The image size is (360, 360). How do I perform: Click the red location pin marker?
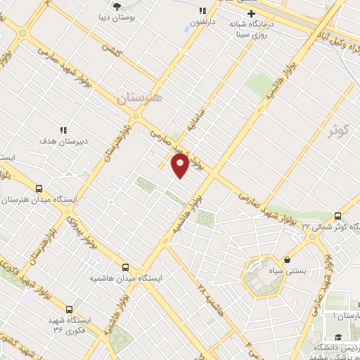180,165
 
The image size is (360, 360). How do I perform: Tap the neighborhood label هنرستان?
138,99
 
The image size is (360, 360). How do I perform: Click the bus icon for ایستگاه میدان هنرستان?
39,188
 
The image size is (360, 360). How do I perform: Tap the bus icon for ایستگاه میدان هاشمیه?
126,267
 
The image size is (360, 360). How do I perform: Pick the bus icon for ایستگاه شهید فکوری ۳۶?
69,309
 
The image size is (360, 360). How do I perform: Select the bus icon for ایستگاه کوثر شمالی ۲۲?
338,216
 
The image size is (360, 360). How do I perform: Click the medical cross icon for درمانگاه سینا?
250,13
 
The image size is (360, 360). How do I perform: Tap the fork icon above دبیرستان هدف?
63,130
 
